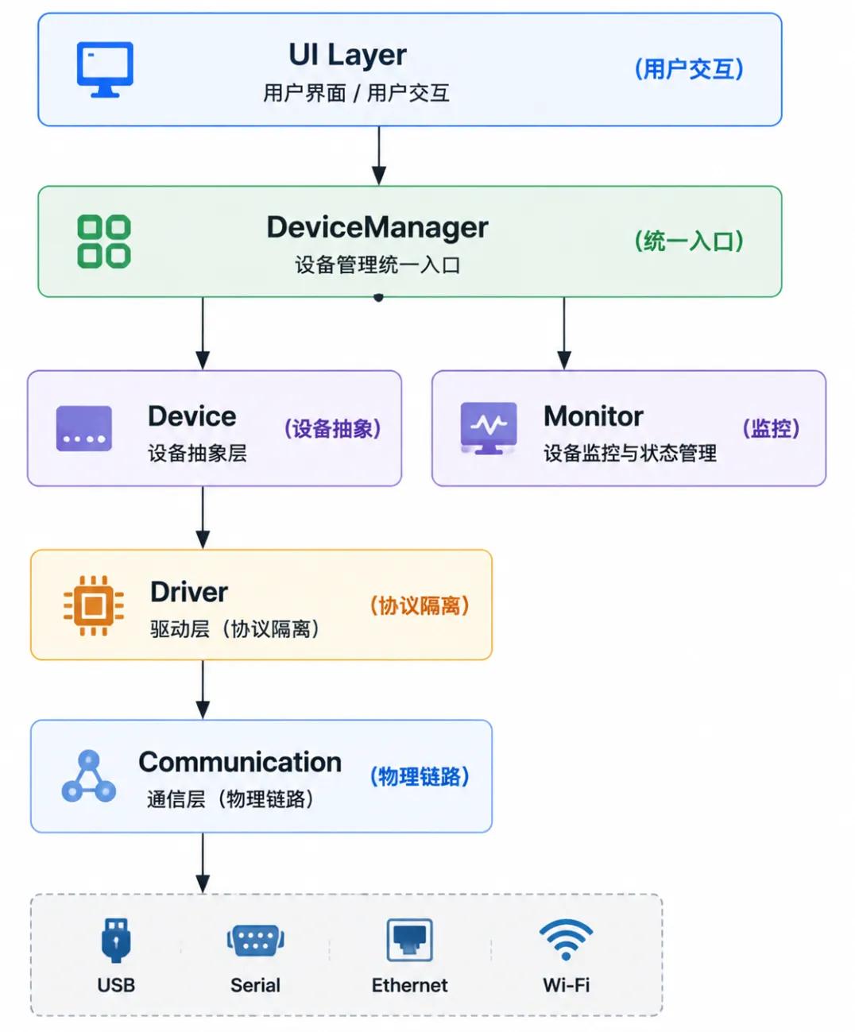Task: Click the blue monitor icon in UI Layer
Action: (105, 69)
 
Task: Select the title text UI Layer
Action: (347, 54)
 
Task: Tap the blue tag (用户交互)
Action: (689, 68)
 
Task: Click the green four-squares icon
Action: (104, 242)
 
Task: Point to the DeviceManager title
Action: (377, 227)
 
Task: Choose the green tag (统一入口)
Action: (689, 242)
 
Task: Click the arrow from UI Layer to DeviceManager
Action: (379, 156)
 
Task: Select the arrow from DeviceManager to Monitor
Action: (564, 334)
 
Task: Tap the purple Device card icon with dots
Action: (84, 428)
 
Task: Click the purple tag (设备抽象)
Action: (332, 428)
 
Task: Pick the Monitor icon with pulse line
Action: (489, 428)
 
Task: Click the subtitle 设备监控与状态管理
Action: (630, 453)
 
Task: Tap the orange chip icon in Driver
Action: (94, 605)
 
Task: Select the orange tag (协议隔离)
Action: (420, 605)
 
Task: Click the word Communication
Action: (240, 762)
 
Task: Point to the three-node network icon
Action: (88, 776)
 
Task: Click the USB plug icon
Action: (116, 940)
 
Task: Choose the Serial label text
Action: (255, 985)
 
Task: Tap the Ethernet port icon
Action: (409, 940)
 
